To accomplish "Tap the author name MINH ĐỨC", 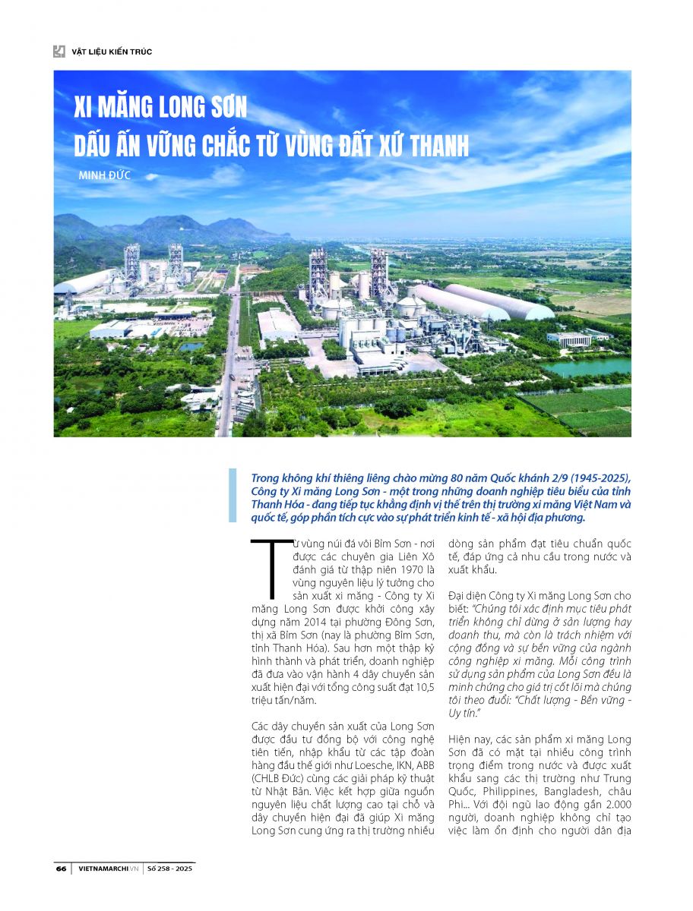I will pyautogui.click(x=105, y=175).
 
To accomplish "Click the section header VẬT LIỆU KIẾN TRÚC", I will pyautogui.click(x=112, y=52).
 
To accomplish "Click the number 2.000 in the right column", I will pyautogui.click(x=612, y=803).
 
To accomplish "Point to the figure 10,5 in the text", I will pyautogui.click(x=423, y=688).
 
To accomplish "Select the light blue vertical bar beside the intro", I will pyautogui.click(x=233, y=496).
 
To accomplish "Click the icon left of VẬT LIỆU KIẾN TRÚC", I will pyautogui.click(x=59, y=52).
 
